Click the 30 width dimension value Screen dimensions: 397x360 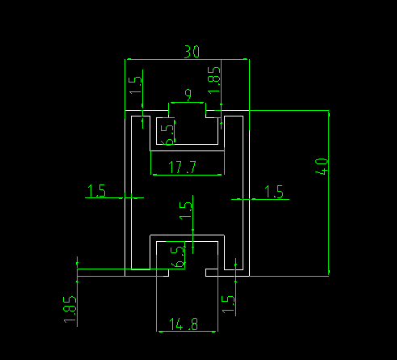point(192,52)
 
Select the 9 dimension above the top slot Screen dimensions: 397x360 point(188,95)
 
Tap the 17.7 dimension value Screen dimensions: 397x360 point(182,167)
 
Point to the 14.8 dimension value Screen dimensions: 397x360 point(184,324)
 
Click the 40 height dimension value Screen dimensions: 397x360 point(322,167)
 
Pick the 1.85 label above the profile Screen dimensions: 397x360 point(214,80)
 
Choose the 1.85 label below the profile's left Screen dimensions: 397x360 point(70,309)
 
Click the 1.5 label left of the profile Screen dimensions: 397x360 point(96,191)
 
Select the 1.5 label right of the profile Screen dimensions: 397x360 point(274,192)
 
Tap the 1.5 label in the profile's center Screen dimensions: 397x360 point(186,210)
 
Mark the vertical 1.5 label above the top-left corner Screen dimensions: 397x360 point(135,85)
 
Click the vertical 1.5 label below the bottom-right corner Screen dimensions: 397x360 point(228,304)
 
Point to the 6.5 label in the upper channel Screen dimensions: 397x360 point(167,135)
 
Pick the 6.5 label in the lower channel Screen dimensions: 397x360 point(178,257)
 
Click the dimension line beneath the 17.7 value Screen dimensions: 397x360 point(188,175)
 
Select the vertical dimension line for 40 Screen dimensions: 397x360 point(329,193)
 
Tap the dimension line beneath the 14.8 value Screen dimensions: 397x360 point(187,332)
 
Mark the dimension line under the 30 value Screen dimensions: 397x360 point(188,59)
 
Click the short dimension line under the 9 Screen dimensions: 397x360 point(187,103)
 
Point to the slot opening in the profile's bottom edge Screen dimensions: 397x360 point(187,273)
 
